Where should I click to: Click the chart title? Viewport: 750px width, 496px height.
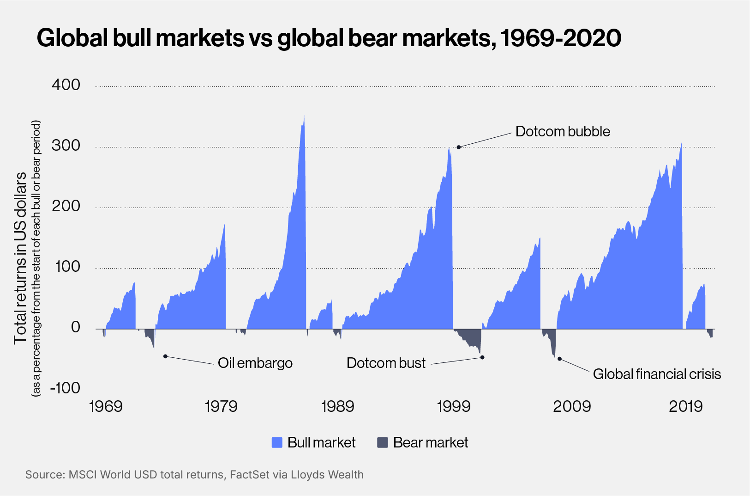tap(329, 38)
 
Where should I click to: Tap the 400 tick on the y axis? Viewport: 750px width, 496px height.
tap(66, 85)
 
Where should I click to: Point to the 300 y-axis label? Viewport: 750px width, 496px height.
tap(66, 146)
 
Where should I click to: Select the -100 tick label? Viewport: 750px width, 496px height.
tap(65, 388)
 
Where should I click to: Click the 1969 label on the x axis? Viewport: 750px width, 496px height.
tap(106, 406)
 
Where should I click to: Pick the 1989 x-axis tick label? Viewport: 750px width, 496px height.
tap(337, 406)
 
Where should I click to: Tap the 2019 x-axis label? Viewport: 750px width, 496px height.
tap(686, 406)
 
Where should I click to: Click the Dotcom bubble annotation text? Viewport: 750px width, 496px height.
tap(563, 131)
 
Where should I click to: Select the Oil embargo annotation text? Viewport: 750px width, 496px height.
tap(255, 363)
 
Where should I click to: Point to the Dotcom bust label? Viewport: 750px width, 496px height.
tap(386, 363)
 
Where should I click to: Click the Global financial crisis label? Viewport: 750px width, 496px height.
tap(657, 374)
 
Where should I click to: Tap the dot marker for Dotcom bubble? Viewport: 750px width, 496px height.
tap(459, 147)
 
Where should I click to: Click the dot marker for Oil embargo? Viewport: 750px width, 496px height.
tap(165, 356)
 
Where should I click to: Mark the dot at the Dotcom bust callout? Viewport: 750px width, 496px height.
tap(482, 357)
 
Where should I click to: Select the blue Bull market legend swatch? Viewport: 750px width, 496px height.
tap(277, 443)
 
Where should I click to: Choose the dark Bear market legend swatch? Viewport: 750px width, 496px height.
tap(382, 443)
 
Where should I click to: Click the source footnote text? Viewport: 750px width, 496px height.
tap(194, 475)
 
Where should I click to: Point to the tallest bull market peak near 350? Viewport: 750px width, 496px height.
tap(304, 116)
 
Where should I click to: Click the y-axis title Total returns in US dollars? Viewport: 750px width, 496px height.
tap(20, 258)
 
